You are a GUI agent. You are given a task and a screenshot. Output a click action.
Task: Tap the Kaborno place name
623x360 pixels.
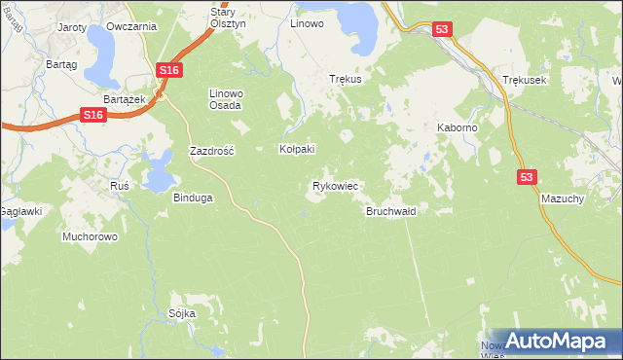457,127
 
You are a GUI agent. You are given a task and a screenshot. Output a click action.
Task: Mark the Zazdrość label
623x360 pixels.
212,152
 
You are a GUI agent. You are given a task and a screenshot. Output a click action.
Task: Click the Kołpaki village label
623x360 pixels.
297,149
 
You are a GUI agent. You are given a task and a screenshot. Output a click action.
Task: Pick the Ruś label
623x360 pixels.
120,184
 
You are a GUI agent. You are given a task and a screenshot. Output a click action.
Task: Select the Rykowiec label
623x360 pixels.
335,185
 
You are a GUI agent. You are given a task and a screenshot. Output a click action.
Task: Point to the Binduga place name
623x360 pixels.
193,198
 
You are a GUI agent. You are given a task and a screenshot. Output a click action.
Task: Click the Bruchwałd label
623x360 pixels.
391,211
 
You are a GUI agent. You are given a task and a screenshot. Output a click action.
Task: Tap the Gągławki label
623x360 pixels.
19,210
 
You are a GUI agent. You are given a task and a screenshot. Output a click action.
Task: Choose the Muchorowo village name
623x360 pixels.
90,236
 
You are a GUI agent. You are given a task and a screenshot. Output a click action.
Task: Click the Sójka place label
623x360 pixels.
182,313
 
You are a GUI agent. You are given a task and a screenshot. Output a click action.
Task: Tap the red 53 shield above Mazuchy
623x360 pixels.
527,176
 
